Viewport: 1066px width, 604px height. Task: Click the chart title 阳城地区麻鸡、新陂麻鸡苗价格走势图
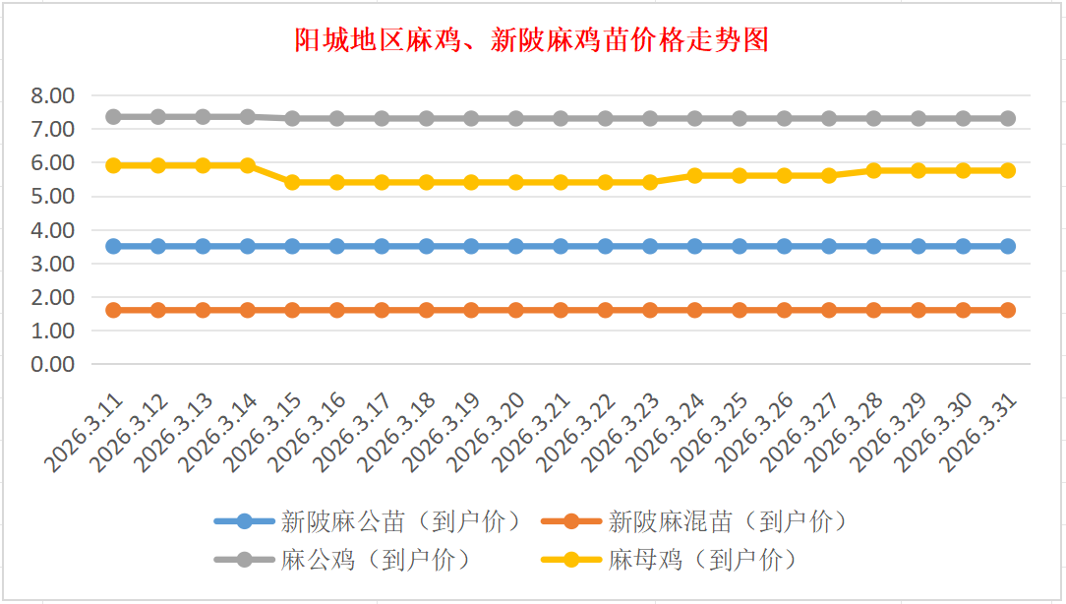tap(532, 40)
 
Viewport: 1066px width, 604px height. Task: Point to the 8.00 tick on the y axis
tap(53, 95)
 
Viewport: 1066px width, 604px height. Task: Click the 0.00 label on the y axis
tap(53, 364)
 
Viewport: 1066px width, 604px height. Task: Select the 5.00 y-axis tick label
tap(53, 196)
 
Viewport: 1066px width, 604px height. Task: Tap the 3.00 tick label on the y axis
tap(53, 264)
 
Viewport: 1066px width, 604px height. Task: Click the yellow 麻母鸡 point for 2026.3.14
tap(248, 165)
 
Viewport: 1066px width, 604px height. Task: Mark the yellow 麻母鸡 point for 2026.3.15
tap(292, 182)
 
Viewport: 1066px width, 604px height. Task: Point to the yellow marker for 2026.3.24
tap(695, 175)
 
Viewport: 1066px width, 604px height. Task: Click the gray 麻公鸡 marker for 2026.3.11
tap(113, 116)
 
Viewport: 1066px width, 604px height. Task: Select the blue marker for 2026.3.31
tap(1008, 246)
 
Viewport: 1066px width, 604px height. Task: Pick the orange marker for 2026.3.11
tap(113, 310)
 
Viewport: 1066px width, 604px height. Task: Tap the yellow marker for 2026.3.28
tap(874, 170)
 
